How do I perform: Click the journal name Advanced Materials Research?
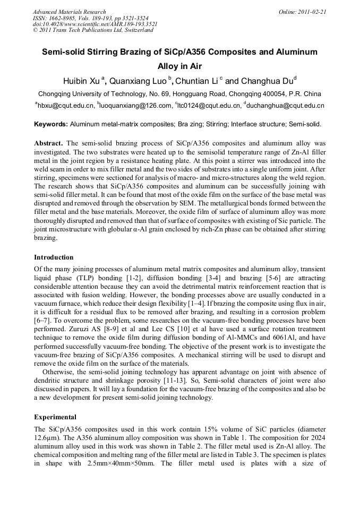(x=69, y=12)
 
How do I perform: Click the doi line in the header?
(x=95, y=24)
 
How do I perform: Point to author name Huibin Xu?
(x=83, y=81)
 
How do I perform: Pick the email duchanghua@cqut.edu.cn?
(x=286, y=106)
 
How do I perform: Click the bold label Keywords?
(x=51, y=125)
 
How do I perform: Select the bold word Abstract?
(x=48, y=144)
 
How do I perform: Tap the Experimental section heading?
(x=55, y=417)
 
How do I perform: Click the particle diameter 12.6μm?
(x=46, y=437)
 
